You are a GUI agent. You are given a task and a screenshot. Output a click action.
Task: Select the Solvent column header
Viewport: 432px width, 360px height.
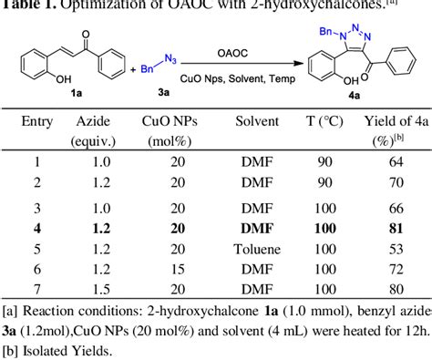[256, 122]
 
